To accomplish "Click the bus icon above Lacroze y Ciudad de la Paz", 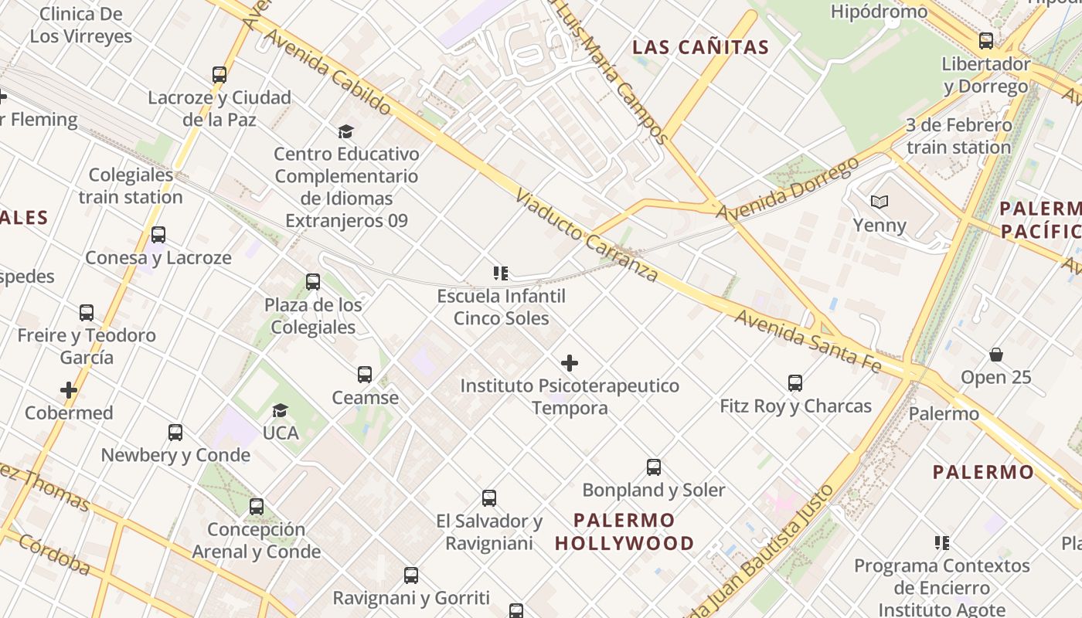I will coord(219,75).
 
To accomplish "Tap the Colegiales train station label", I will coord(131,186).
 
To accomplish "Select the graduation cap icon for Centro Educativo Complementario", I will coord(345,132).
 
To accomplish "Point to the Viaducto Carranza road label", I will coord(587,236).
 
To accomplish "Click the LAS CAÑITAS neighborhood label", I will coord(700,47).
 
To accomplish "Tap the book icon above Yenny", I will coord(879,202).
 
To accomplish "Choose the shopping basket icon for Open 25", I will coord(996,355).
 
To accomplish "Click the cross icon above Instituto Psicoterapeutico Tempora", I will coord(570,363).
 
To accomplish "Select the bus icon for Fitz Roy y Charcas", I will coord(795,382).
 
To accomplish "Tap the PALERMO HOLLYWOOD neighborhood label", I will coord(624,531).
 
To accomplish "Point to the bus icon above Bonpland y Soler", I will coord(654,467).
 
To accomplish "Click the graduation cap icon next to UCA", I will coord(280,410).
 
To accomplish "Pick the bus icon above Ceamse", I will coord(365,375).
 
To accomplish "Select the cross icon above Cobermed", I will coord(69,390).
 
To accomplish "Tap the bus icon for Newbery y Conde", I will coord(175,432).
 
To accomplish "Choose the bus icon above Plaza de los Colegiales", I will coord(313,281).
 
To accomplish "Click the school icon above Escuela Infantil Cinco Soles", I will coord(500,273).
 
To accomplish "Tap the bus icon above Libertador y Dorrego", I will coord(986,41).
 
